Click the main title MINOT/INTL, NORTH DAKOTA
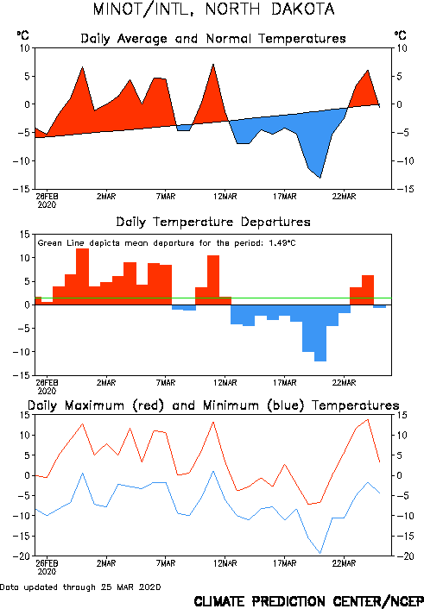(x=213, y=9)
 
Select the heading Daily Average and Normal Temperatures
(x=213, y=39)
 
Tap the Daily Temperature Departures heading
(x=213, y=223)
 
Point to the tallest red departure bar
(x=82, y=277)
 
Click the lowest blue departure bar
(x=320, y=333)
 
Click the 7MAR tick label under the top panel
(x=166, y=197)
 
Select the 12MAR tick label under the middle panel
(x=225, y=383)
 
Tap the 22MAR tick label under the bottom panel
(x=344, y=563)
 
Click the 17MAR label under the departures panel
(x=284, y=383)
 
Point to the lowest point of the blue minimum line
(x=320, y=553)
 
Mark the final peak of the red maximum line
(x=368, y=419)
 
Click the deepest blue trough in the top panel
(x=320, y=178)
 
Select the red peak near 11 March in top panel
(x=213, y=65)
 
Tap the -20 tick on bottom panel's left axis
(x=22, y=556)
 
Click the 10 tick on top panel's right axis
(x=402, y=48)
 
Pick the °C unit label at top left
(x=22, y=35)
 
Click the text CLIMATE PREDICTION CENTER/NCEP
(x=308, y=601)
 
